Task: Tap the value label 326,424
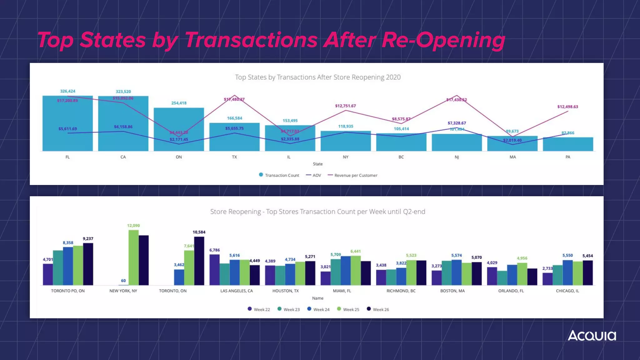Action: click(x=68, y=91)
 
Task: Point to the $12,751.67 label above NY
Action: click(x=345, y=106)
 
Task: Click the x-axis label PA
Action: click(x=568, y=157)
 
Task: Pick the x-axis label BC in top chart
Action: click(x=401, y=157)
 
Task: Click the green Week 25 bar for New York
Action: click(x=133, y=257)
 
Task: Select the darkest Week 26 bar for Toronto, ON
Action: click(x=199, y=261)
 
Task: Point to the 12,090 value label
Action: click(x=133, y=226)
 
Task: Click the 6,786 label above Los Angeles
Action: click(x=214, y=250)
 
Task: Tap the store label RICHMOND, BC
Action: click(x=401, y=291)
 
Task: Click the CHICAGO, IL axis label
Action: click(x=567, y=291)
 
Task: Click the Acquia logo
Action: click(x=592, y=336)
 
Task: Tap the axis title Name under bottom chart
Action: click(x=317, y=298)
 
